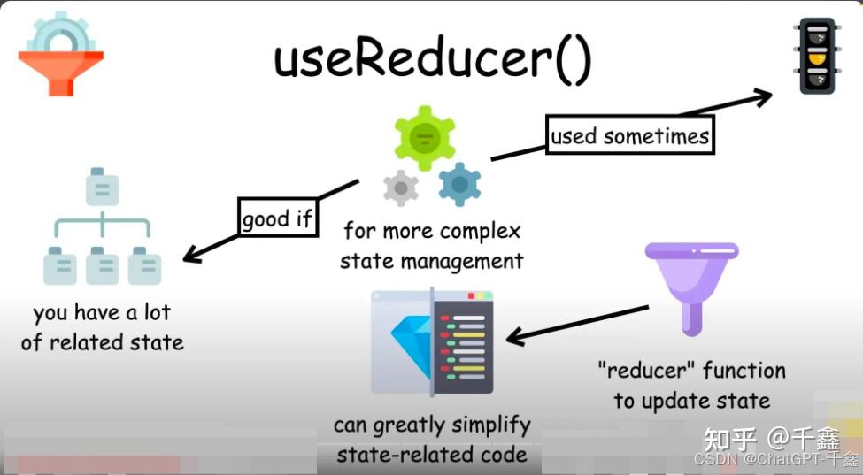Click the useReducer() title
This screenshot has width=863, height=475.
433,60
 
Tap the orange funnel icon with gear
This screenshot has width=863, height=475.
60,56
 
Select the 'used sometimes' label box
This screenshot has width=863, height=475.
629,136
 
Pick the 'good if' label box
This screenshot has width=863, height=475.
277,218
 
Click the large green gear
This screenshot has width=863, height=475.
425,138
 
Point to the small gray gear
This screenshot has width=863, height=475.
401,188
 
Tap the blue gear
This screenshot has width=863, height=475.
459,184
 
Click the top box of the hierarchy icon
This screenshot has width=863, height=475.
102,187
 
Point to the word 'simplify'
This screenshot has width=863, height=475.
487,425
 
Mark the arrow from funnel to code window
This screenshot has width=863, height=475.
575,324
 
